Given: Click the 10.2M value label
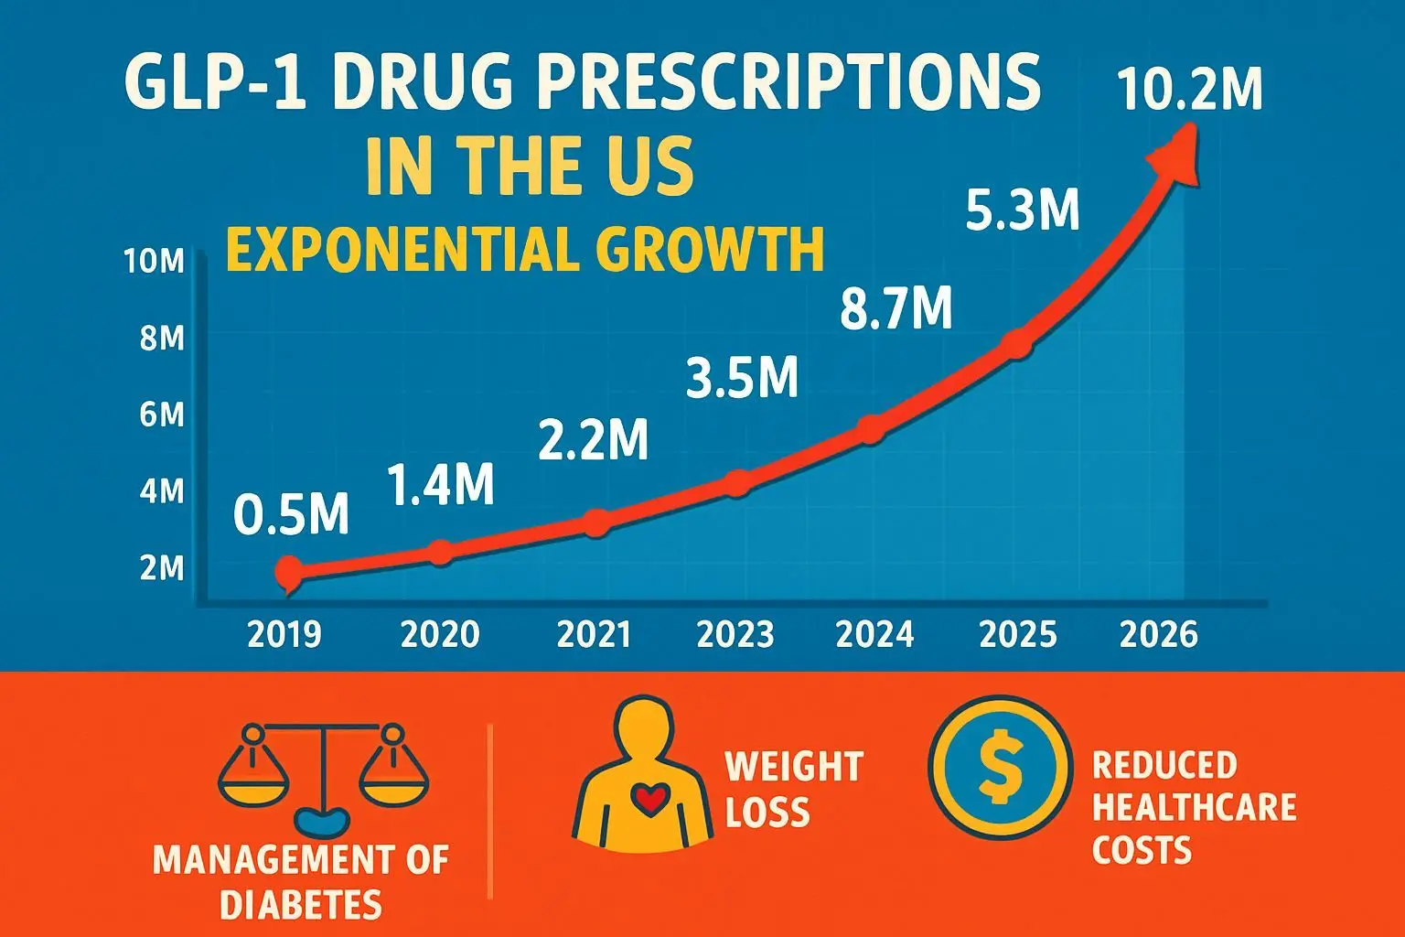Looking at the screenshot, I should coord(1189,91).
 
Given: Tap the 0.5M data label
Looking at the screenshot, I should coord(291,514).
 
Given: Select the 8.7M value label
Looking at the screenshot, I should coord(896,308).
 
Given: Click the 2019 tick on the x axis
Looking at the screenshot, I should coord(284,634).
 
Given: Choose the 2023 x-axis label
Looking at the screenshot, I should coord(735,634).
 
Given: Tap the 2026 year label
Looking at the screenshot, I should coord(1158,634).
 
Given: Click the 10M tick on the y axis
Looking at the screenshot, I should coord(154,263).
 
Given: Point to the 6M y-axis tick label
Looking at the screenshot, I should coord(162,415).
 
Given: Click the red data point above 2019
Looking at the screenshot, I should coord(287,572).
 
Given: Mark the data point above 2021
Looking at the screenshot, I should coord(595,523).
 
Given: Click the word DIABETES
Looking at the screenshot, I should coord(300,905).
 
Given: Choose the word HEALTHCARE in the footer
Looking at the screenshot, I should coord(1195,807).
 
